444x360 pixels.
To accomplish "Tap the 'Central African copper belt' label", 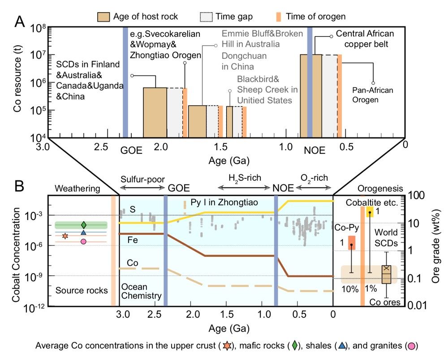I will [365, 39].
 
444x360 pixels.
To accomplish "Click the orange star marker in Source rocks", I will [65, 235].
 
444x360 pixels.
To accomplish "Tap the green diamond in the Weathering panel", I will [83, 225].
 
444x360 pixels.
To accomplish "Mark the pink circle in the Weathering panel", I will [83, 242].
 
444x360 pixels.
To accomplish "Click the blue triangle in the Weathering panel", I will [83, 232].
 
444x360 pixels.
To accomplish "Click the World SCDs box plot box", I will [386, 274].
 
